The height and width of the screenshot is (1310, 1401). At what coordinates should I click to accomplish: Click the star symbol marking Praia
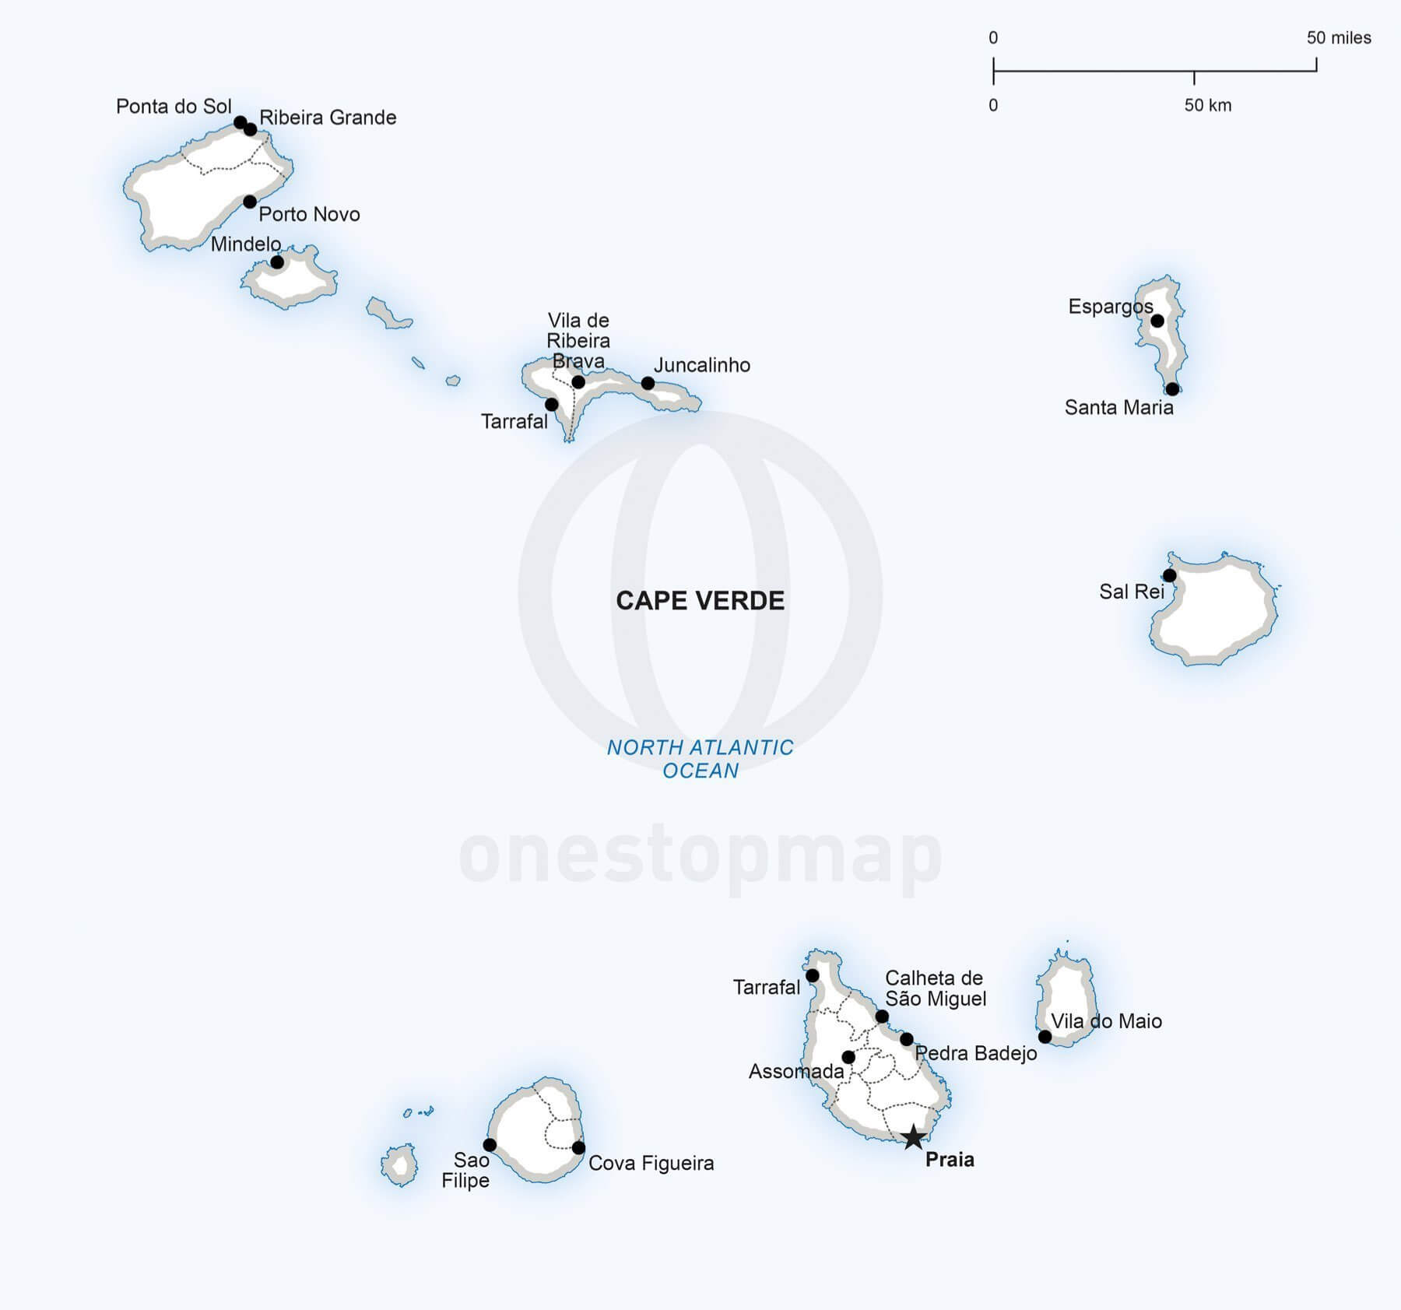(x=913, y=1137)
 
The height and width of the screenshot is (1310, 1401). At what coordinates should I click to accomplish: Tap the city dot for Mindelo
(x=277, y=262)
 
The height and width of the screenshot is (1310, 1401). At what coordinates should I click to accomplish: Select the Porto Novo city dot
(x=250, y=202)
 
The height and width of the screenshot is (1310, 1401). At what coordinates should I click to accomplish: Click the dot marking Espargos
(x=1157, y=321)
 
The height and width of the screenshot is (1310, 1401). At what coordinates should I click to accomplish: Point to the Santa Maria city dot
(x=1172, y=388)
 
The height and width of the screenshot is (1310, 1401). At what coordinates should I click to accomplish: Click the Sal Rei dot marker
(x=1169, y=575)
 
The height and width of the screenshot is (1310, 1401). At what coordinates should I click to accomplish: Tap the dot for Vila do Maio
(x=1045, y=1037)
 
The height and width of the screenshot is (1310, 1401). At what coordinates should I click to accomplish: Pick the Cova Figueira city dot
(x=578, y=1147)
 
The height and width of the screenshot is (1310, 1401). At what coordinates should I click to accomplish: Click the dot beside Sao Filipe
(x=490, y=1144)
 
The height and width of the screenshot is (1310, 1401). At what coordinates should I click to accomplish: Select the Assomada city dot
(x=848, y=1057)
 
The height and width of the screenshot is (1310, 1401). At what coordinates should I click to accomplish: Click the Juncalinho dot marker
(x=648, y=383)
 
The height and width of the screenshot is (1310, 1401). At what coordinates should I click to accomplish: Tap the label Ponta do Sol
(x=174, y=106)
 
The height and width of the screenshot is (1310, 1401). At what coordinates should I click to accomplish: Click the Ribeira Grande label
(x=328, y=118)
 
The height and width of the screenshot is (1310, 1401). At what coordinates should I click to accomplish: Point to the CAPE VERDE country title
(x=700, y=600)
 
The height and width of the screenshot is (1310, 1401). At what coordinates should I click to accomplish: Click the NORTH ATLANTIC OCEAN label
(x=700, y=759)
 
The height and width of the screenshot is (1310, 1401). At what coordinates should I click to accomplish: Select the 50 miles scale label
(x=1339, y=37)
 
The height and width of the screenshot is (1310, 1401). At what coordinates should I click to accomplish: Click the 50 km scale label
(x=1208, y=105)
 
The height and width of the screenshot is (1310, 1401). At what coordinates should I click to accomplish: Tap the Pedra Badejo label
(x=976, y=1054)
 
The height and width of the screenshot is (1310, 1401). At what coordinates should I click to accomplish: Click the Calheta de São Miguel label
(x=936, y=989)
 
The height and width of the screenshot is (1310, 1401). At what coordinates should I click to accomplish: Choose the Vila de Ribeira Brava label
(x=578, y=341)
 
